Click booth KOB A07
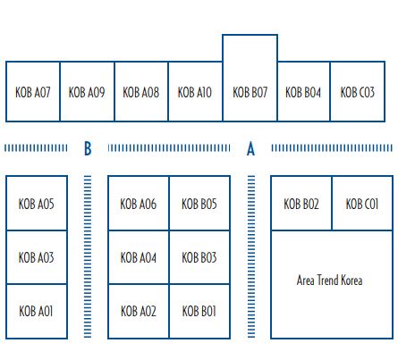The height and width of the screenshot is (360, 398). tap(33, 92)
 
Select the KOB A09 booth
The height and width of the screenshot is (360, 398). tap(87, 92)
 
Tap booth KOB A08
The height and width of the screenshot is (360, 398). tap(141, 92)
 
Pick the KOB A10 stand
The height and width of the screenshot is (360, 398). tap(195, 92)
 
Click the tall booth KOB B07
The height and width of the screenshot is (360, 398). tap(250, 78)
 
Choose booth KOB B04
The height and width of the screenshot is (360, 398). tap(303, 92)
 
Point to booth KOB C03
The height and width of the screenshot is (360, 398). tap(358, 92)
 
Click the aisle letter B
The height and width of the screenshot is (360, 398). tap(88, 148)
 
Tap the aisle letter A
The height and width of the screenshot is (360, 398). tap(250, 148)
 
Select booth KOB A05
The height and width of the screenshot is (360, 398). tap(37, 203)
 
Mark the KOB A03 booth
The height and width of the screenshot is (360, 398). tap(37, 257)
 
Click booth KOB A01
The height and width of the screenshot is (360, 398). tap(37, 312)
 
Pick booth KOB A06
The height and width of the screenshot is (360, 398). tap(139, 203)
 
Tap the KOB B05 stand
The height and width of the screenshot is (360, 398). tap(199, 203)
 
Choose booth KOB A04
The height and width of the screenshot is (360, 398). tap(139, 257)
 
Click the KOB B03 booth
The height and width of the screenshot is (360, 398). tap(199, 257)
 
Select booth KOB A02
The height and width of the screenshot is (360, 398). tap(139, 312)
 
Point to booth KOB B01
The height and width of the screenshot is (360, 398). tap(199, 312)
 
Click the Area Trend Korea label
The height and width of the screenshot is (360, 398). tap(329, 280)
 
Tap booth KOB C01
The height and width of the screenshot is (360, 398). tap(362, 203)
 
